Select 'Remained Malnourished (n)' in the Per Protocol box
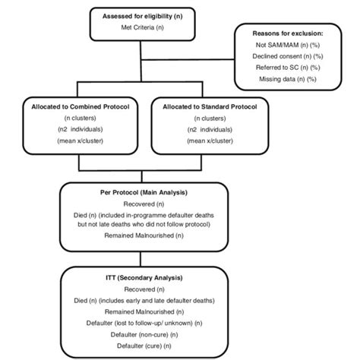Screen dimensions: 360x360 coord(143,236)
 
